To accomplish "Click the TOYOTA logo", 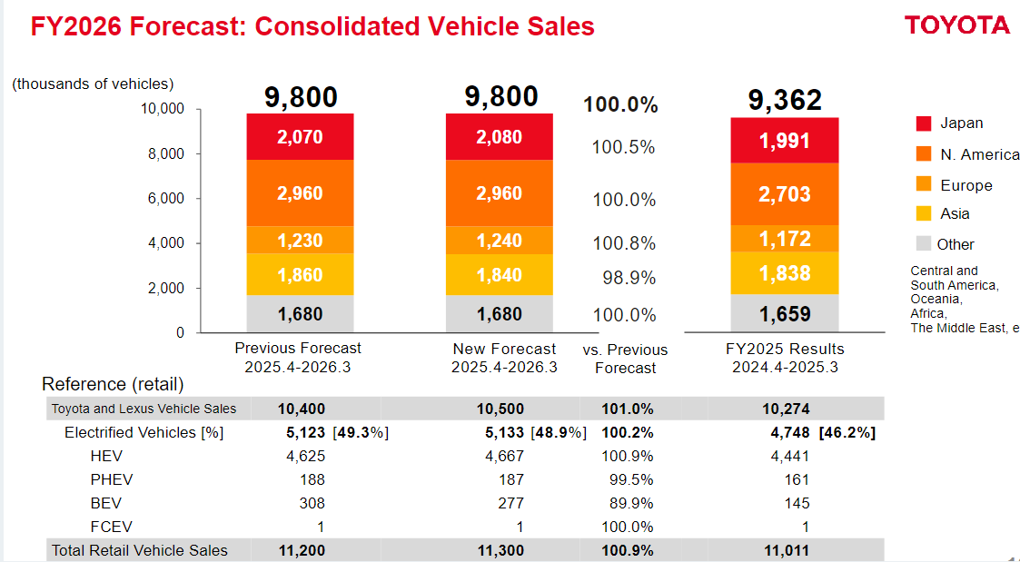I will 956,25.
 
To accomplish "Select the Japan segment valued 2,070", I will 300,137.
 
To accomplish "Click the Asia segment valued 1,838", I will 785,273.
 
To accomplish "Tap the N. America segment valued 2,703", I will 785,194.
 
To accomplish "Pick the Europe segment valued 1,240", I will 499,241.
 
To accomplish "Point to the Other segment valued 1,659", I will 785,314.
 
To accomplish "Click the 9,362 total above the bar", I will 785,100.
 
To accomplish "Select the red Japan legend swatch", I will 924,123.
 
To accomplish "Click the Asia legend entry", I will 955,214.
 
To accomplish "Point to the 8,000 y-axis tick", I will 167,154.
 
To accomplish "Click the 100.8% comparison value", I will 624,243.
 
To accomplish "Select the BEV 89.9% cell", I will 628,503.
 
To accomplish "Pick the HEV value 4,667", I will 504,456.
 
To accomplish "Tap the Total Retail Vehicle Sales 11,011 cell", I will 786,550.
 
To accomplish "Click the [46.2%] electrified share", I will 847,432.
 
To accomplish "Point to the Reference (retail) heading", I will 113,384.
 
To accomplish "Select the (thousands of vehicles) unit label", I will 93,84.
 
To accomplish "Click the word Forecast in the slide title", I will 182,26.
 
